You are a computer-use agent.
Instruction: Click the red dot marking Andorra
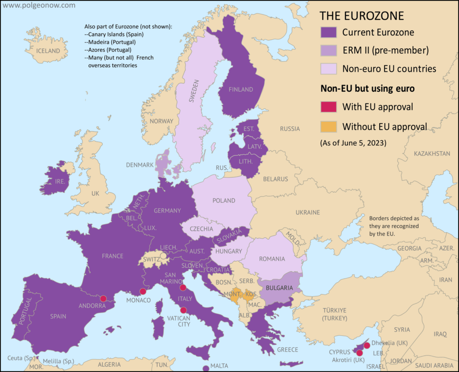(103, 299)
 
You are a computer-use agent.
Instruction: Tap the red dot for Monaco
(143, 291)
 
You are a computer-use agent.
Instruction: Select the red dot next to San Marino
(183, 288)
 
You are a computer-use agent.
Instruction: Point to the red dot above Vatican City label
(183, 310)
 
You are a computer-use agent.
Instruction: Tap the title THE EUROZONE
(361, 16)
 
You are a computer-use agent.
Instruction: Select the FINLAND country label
(241, 90)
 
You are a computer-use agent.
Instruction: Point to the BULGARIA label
(280, 288)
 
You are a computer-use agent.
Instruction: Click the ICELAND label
(48, 51)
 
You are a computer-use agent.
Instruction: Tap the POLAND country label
(224, 201)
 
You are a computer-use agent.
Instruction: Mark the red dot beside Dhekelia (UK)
(367, 345)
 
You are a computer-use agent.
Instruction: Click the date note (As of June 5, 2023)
(353, 144)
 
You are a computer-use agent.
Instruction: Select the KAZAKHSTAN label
(432, 154)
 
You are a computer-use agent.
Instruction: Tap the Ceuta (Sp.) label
(21, 358)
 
